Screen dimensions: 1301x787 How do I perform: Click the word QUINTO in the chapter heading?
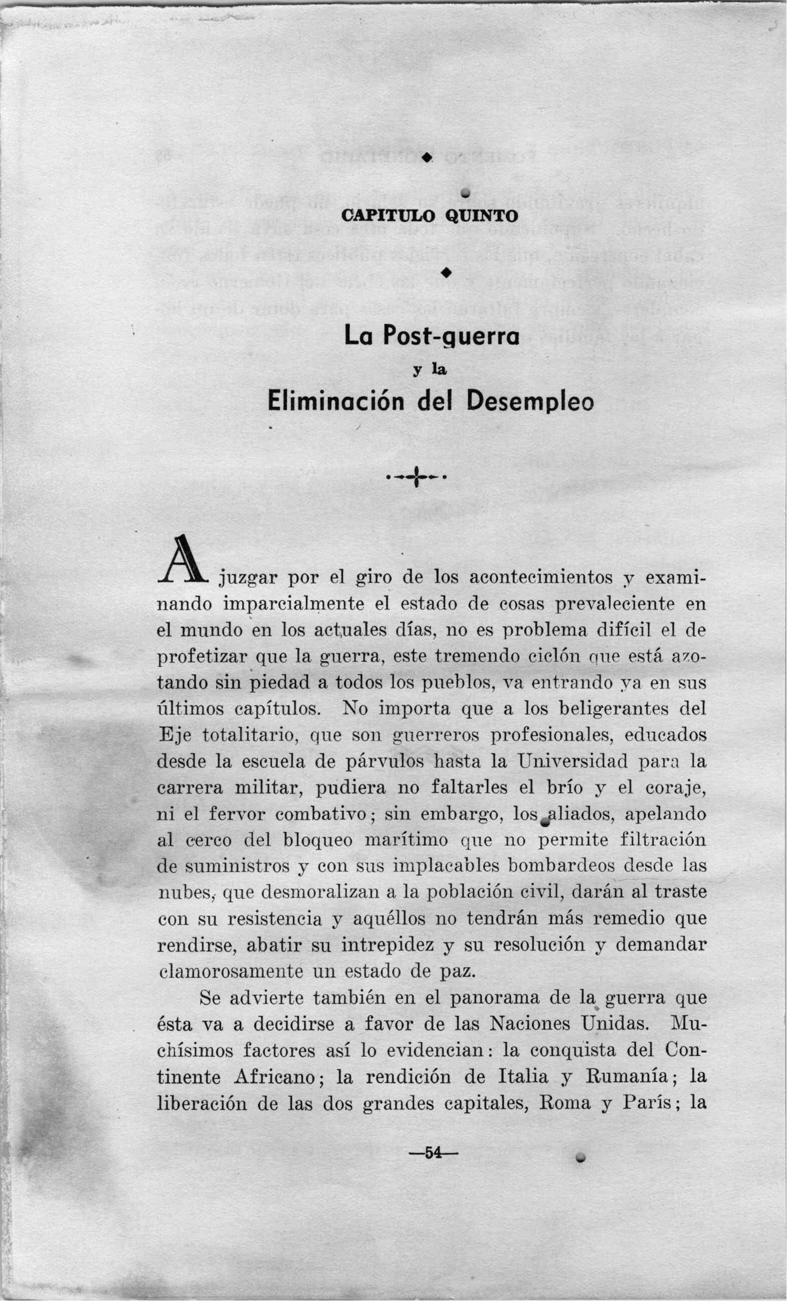coord(481,216)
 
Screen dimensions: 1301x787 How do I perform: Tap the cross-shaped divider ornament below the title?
coord(417,477)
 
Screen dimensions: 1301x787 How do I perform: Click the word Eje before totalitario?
coord(170,735)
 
